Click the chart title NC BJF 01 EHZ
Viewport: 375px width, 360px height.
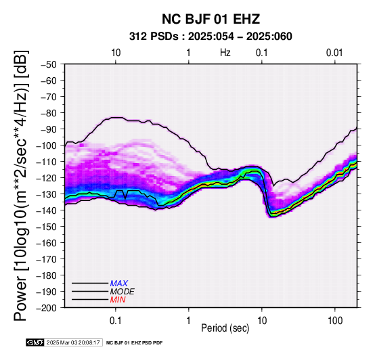point(211,19)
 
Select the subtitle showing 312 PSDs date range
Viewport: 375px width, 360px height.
point(211,37)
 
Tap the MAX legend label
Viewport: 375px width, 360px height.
point(119,284)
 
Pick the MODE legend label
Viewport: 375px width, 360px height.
point(123,292)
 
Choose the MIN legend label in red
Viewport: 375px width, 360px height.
point(118,300)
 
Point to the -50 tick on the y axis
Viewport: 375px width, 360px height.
point(48,64)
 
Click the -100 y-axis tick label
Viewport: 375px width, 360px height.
point(47,145)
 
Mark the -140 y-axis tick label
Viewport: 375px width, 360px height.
point(47,210)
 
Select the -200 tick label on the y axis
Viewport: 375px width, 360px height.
point(47,308)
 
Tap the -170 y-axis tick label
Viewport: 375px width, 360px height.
point(47,259)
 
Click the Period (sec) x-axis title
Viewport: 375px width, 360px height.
point(225,328)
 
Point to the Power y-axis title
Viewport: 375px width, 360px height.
point(20,185)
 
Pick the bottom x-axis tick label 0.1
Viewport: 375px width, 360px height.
point(116,321)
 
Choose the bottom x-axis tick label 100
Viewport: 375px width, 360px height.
point(335,321)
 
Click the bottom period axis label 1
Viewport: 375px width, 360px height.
point(189,321)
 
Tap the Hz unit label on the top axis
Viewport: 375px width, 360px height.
point(225,53)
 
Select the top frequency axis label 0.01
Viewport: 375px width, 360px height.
point(334,53)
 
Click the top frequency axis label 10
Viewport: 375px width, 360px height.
point(116,53)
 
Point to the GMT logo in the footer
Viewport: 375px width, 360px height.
point(35,342)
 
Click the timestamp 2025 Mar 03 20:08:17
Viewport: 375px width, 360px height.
point(73,342)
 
